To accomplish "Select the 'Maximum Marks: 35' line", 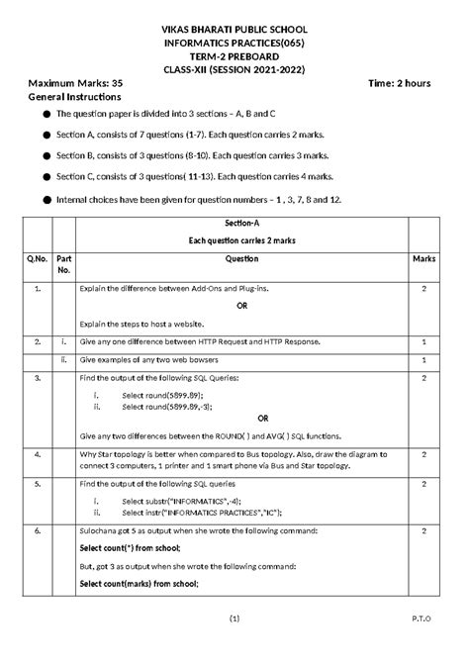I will (76, 83).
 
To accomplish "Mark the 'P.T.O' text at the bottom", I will (422, 645).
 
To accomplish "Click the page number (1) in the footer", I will (234, 645).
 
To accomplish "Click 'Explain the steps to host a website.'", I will (144, 324).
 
